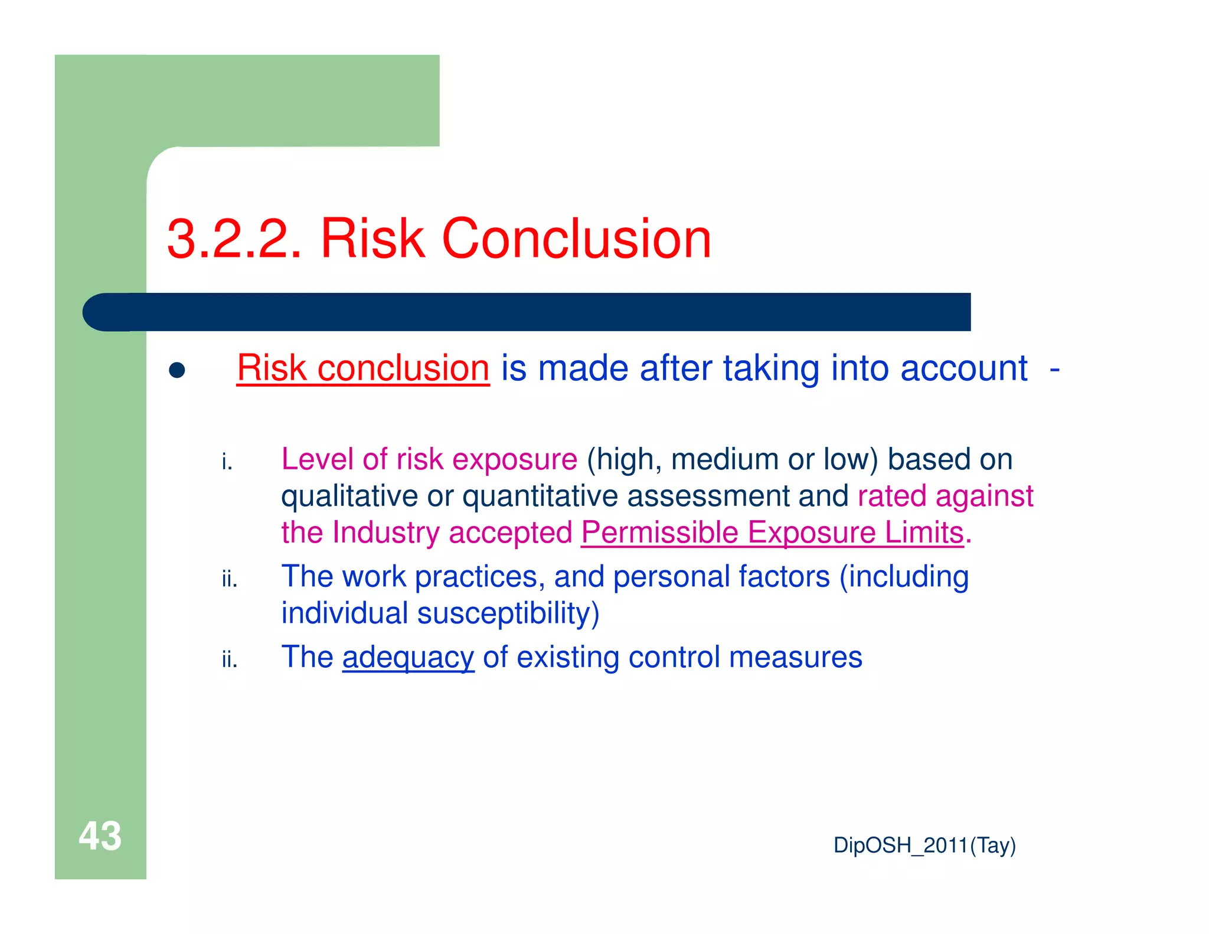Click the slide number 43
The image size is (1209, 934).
coord(100,836)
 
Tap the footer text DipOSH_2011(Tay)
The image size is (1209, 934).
coord(924,845)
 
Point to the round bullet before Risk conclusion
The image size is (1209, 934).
coord(177,371)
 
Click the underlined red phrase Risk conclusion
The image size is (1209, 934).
coord(363,368)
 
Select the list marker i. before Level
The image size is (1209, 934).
coord(227,462)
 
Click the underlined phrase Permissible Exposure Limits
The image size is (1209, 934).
coord(772,533)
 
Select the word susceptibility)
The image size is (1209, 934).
coord(508,613)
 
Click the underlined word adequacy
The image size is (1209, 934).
coord(408,658)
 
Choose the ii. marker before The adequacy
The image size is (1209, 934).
coord(229,659)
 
